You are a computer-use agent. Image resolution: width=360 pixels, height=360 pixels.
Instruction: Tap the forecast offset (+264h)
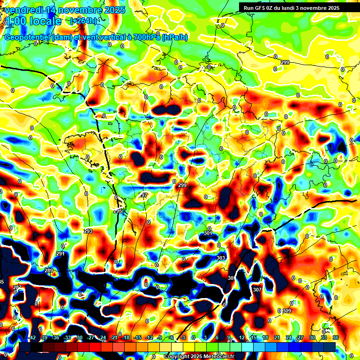(84, 21)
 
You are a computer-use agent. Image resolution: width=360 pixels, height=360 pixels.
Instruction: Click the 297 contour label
(143, 195)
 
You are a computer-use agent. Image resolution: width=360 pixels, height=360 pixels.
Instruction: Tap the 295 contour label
(117, 211)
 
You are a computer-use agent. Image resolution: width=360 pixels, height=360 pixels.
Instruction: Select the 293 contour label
(88, 231)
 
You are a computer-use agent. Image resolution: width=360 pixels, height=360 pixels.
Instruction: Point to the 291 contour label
(60, 254)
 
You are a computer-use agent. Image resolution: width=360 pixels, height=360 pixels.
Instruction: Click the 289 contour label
(49, 270)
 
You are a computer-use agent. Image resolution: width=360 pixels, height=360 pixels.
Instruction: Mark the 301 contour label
(208, 233)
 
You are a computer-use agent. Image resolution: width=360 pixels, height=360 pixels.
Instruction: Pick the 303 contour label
(221, 258)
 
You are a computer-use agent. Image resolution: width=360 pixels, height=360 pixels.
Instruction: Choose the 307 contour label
(257, 290)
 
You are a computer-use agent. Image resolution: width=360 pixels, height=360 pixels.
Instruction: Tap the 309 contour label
(287, 311)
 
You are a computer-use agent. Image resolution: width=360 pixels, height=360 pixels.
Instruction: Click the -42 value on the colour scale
(32, 337)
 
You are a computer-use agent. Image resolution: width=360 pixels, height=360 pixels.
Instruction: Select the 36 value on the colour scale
(336, 337)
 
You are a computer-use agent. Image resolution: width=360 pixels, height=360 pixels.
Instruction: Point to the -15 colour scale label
(137, 337)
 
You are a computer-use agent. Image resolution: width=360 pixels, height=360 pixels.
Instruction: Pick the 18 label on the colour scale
(265, 337)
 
